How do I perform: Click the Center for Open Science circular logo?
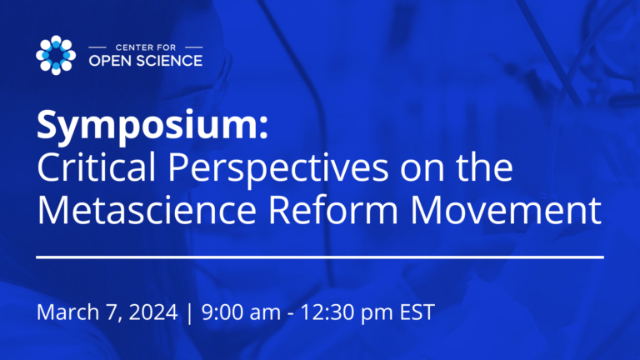coord(56,55)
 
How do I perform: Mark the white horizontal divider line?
coord(320,257)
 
